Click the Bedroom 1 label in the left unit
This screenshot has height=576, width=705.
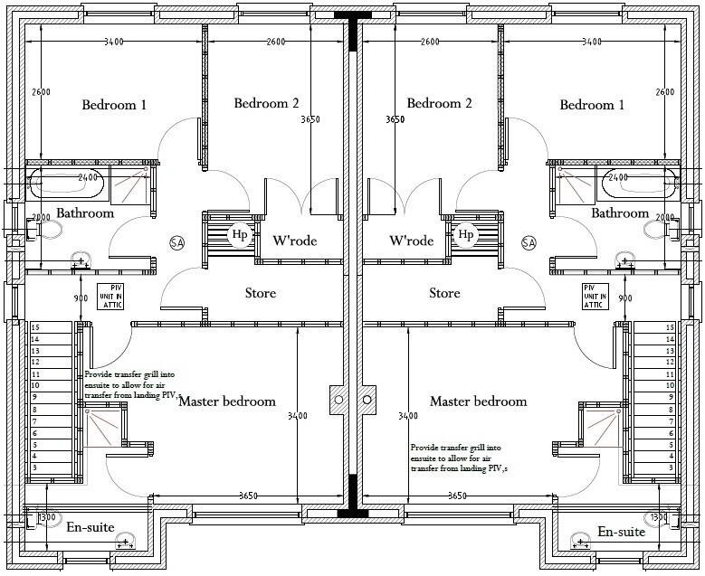114,105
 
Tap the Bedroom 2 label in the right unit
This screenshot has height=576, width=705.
439,103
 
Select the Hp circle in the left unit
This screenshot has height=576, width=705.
240,235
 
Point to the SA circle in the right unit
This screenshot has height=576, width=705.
529,242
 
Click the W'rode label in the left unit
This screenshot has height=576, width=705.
294,241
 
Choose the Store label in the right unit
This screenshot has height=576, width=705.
444,293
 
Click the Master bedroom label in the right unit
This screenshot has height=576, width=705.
478,401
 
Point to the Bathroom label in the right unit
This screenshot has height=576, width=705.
620,213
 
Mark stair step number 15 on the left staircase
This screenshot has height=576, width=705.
36,327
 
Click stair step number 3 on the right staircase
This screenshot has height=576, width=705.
669,467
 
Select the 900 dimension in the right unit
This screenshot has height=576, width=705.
624,298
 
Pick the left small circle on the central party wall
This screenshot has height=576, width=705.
338,399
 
